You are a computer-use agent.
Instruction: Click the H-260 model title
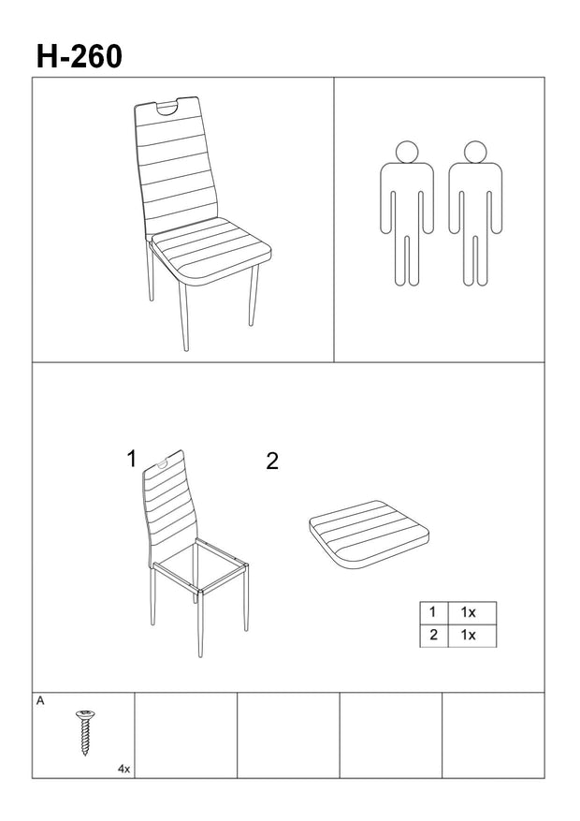click(79, 56)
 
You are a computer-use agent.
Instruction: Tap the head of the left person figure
click(407, 152)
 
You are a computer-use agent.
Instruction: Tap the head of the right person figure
click(475, 152)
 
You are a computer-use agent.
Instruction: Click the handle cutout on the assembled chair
click(168, 109)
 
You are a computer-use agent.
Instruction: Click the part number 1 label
click(132, 460)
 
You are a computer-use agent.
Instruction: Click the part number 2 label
click(272, 462)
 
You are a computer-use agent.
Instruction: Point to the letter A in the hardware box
click(40, 701)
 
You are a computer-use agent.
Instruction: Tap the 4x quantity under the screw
click(123, 770)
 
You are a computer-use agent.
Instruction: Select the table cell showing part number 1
click(433, 612)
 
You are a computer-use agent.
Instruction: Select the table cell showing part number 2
click(433, 636)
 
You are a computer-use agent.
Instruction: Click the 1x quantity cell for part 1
click(471, 612)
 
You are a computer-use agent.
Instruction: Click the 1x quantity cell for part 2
click(471, 636)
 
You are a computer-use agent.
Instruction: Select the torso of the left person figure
click(407, 199)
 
